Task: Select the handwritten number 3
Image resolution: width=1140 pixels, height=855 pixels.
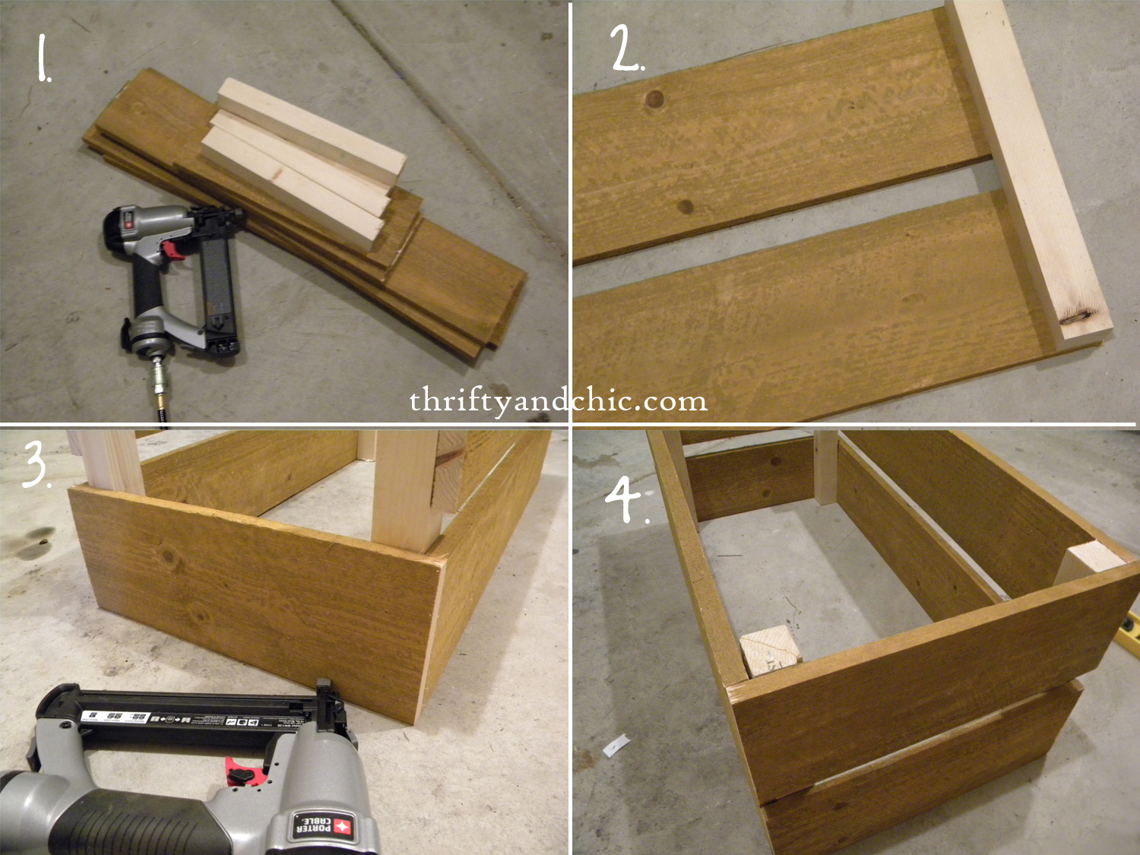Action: coord(36,464)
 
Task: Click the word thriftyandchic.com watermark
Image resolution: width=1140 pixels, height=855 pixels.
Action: coord(559,401)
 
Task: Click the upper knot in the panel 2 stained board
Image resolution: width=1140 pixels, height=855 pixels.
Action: coord(653,99)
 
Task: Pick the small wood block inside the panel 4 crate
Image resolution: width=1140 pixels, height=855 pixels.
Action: coord(770,651)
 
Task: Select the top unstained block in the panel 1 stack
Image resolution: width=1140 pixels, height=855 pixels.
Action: coord(312,130)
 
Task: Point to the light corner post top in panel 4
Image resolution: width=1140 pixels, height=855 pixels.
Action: coord(1089,562)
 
